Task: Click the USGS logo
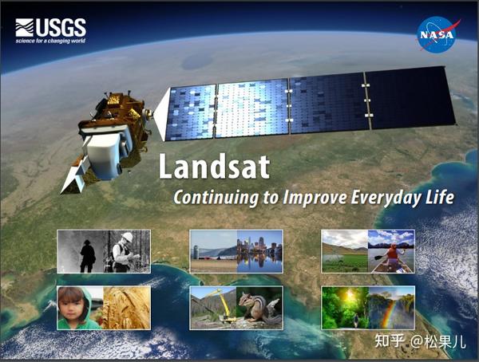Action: pos(49,28)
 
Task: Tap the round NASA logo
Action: pos(437,34)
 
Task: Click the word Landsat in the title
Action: pos(213,167)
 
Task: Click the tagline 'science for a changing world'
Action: pos(50,41)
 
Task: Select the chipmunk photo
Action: pos(259,308)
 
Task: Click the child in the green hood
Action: pos(73,308)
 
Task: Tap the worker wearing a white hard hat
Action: pos(125,251)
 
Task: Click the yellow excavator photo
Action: pos(213,308)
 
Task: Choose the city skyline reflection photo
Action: pos(259,251)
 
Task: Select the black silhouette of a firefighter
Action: pos(87,255)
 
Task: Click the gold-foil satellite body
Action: pos(120,120)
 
